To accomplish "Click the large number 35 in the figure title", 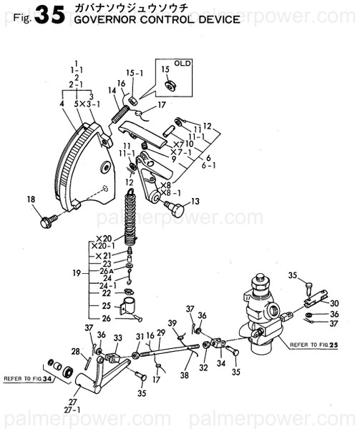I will (49, 15).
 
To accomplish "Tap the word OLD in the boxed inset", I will (183, 63).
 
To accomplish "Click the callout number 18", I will (31, 199).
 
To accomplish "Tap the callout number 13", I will (195, 202).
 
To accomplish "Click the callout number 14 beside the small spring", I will (112, 90).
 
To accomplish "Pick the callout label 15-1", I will (135, 73).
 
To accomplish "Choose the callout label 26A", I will (106, 271).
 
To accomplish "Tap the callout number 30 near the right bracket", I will (334, 302).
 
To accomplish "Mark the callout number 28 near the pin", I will (75, 350).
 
